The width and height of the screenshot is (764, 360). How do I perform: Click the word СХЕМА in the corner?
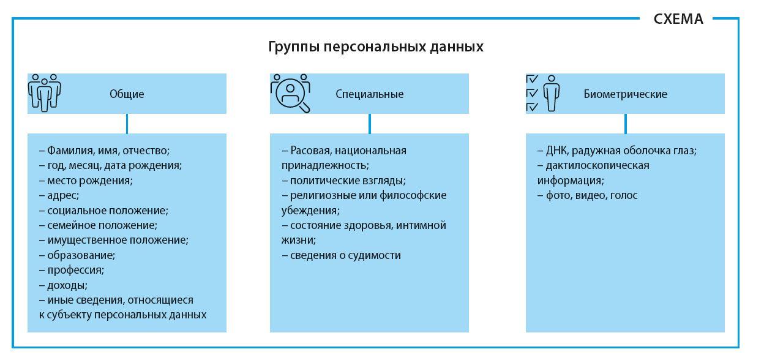pyautogui.click(x=678, y=19)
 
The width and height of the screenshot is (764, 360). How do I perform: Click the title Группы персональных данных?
pyautogui.click(x=375, y=47)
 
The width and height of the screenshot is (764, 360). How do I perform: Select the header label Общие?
pyautogui.click(x=127, y=94)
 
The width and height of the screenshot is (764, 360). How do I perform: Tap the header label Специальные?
pyautogui.click(x=369, y=94)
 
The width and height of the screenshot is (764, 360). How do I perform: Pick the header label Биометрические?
pyautogui.click(x=625, y=94)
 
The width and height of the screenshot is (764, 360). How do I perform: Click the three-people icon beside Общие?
pyautogui.click(x=44, y=93)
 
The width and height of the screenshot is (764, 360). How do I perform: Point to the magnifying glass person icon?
pyautogui.click(x=291, y=93)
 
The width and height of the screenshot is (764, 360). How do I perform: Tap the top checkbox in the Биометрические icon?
pyautogui.click(x=532, y=79)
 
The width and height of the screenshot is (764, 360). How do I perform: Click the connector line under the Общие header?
pyautogui.click(x=127, y=124)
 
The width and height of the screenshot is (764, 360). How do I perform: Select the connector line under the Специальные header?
pyautogui.click(x=369, y=124)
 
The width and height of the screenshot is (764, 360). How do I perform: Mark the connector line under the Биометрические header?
pyautogui.click(x=625, y=124)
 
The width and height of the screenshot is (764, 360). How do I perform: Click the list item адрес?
pyautogui.click(x=63, y=195)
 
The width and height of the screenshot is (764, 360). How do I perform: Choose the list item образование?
pyautogui.click(x=81, y=255)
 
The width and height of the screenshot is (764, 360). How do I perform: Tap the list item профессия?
pyautogui.click(x=76, y=270)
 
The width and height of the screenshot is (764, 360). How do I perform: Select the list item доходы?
pyautogui.click(x=67, y=285)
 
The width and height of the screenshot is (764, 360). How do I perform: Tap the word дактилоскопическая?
pyautogui.click(x=597, y=165)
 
